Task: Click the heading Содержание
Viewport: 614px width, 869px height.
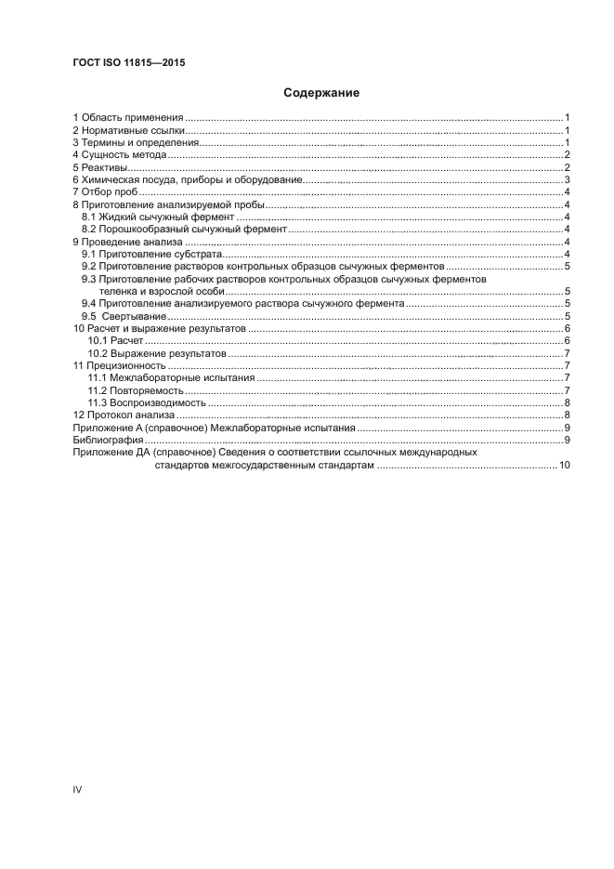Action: (320, 93)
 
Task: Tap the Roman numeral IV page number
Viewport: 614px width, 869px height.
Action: (78, 789)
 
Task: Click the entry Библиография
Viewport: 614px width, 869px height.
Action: (109, 439)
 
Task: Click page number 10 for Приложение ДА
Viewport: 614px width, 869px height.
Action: (564, 464)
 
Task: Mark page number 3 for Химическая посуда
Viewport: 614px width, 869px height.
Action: (567, 180)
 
